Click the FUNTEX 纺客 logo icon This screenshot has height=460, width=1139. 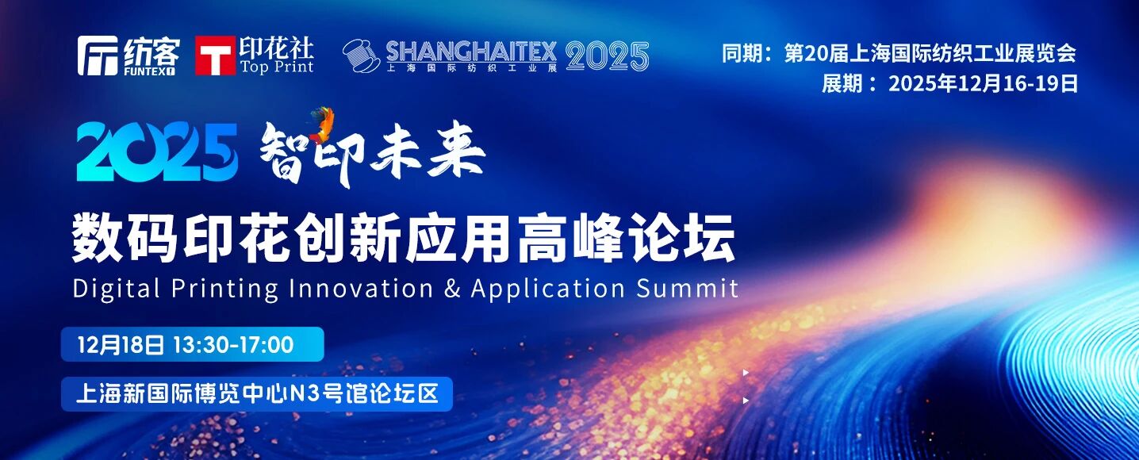click(x=98, y=56)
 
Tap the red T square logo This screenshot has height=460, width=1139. click(x=215, y=56)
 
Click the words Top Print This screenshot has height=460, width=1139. click(x=277, y=67)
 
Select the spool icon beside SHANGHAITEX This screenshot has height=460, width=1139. click(x=361, y=56)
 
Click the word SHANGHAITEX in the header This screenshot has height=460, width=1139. click(x=471, y=52)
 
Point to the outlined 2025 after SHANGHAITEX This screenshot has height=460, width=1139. click(x=608, y=56)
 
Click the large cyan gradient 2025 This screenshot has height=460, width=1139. click(x=157, y=152)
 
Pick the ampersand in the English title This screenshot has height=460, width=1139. click(x=452, y=288)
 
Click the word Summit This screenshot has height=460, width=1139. click(x=687, y=288)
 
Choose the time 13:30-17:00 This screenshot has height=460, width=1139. click(x=232, y=345)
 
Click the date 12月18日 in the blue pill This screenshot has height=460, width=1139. click(x=121, y=345)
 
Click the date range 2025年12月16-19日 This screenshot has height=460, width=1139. click(x=983, y=84)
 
